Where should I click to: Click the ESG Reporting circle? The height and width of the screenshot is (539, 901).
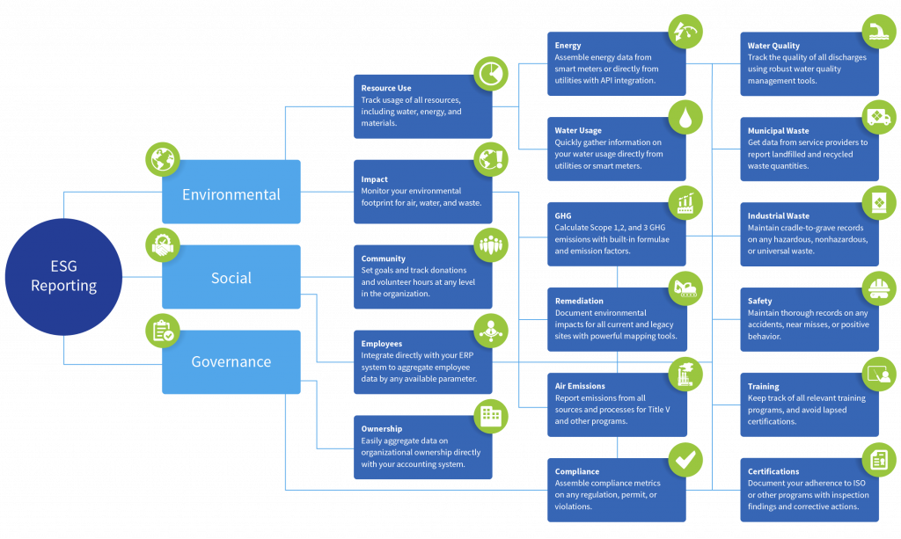pyautogui.click(x=63, y=277)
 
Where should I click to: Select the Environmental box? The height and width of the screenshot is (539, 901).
pyautogui.click(x=231, y=194)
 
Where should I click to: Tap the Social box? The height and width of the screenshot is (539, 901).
pyautogui.click(x=231, y=278)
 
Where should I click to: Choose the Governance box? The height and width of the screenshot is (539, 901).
pyautogui.click(x=231, y=361)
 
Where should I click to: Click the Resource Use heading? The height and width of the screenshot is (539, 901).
pyautogui.click(x=386, y=88)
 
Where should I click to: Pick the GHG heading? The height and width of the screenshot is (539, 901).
pyautogui.click(x=564, y=215)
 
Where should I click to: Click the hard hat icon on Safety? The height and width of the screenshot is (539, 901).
pyautogui.click(x=878, y=288)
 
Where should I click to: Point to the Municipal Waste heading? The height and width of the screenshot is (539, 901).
pyautogui.click(x=779, y=131)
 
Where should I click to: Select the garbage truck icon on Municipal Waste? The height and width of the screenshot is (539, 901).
pyautogui.click(x=878, y=117)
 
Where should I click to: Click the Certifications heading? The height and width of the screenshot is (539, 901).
pyautogui.click(x=773, y=471)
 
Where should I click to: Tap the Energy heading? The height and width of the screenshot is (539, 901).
pyautogui.click(x=568, y=46)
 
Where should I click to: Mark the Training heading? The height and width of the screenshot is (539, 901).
pyautogui.click(x=764, y=386)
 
